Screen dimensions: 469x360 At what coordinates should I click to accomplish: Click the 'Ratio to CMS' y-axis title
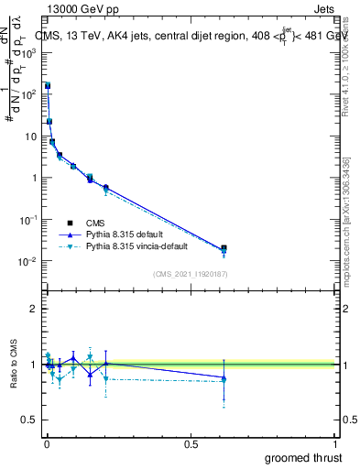tap(13, 364)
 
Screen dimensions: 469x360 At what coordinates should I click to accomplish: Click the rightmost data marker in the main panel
tap(224, 248)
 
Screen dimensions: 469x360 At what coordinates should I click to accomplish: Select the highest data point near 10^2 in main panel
tap(48, 85)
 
